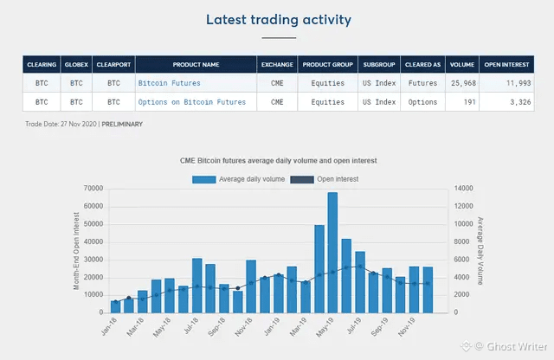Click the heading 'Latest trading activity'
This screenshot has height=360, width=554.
[x=279, y=19]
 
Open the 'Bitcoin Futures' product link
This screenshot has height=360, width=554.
[x=169, y=83]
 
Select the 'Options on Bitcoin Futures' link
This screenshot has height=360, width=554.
[x=191, y=102]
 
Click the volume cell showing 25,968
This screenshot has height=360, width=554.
[x=462, y=83]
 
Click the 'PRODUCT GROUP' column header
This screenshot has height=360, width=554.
[x=327, y=64]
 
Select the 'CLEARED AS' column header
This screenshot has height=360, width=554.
[x=422, y=64]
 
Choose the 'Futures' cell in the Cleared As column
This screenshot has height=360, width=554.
[x=422, y=83]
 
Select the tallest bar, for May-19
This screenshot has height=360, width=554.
[x=332, y=252]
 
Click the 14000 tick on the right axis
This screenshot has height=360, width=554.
[x=463, y=189]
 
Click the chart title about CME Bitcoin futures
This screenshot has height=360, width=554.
[x=278, y=161]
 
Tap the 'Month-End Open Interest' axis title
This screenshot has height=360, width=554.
[x=77, y=250]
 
